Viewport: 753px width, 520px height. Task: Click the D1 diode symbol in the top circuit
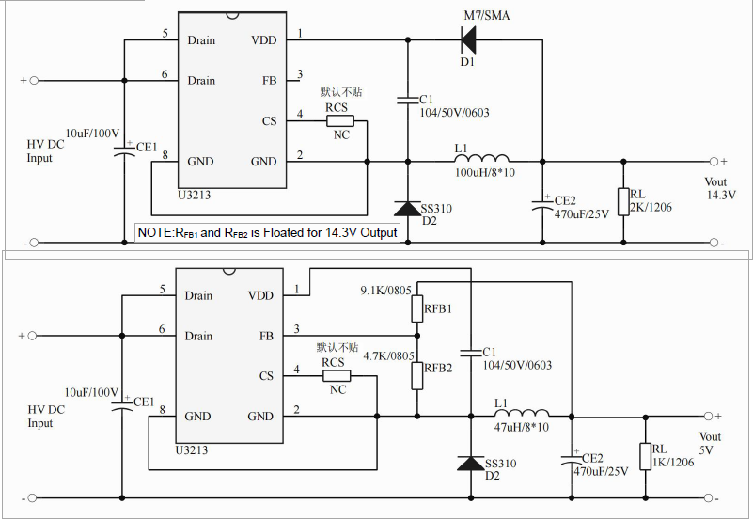[x=467, y=39]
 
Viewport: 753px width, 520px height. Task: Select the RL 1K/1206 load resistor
[x=646, y=456]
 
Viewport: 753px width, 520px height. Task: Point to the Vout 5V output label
[x=711, y=443]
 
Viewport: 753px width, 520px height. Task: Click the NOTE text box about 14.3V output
[x=268, y=232]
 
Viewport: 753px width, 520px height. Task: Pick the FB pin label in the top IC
[x=270, y=81]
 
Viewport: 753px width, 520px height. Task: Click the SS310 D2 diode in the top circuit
[x=407, y=209]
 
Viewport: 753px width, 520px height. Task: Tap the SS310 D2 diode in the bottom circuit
[x=471, y=464]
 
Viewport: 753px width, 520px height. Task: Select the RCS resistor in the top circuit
[x=339, y=120]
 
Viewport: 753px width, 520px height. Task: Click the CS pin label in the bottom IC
[x=267, y=376]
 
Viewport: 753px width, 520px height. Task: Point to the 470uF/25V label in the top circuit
[x=582, y=214]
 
